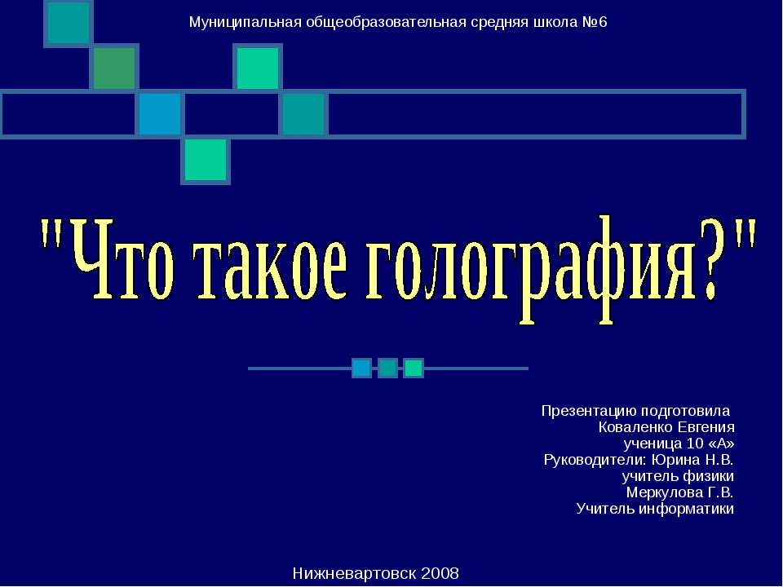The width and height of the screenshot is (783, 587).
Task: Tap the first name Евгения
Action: [x=706, y=427]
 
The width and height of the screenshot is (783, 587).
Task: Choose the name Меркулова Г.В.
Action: [x=679, y=492]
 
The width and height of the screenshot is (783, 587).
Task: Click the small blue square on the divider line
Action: [x=361, y=369]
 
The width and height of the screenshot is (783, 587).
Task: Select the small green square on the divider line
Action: [x=414, y=369]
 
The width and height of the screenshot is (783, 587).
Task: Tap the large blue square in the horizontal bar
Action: [x=159, y=114]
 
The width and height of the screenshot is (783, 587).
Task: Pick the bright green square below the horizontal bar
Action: [x=205, y=160]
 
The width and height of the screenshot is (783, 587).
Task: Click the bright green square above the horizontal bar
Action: [x=258, y=68]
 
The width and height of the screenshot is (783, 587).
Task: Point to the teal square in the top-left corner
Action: [x=68, y=22]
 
